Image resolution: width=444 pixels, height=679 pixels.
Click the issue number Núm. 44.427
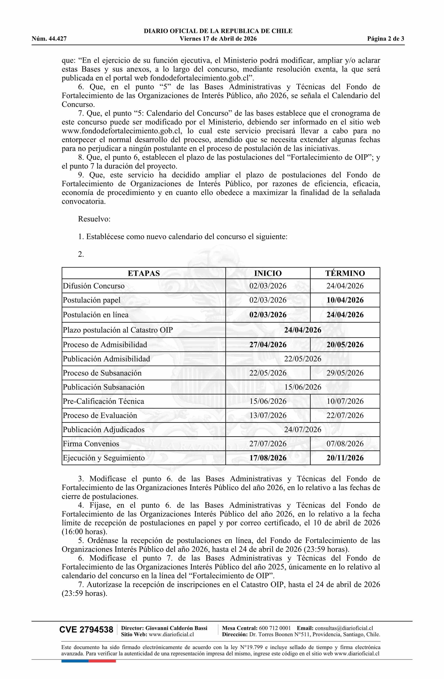pyautogui.click(x=49, y=39)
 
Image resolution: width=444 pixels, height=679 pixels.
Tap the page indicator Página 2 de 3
pyautogui.click(x=385, y=39)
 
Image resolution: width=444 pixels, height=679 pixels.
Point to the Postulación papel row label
pyautogui.click(x=92, y=300)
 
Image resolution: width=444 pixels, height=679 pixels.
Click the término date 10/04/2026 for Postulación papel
pyautogui.click(x=345, y=300)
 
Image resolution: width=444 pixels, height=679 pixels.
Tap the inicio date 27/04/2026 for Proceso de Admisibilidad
pyautogui.click(x=268, y=345)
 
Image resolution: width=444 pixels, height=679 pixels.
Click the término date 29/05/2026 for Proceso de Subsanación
pyautogui.click(x=345, y=373)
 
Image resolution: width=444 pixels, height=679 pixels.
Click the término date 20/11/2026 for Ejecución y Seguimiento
pyautogui.click(x=345, y=458)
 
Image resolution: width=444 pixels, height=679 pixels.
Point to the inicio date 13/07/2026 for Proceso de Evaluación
pyautogui.click(x=268, y=415)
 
